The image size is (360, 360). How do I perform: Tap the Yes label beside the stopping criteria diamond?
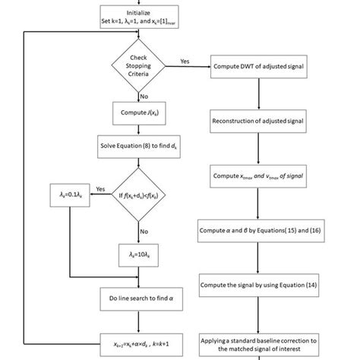click(x=185, y=60)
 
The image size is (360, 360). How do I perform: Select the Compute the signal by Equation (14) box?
click(x=261, y=286)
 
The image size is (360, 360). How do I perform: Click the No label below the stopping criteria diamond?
click(x=144, y=96)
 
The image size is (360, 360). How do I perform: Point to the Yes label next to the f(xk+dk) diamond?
click(x=99, y=189)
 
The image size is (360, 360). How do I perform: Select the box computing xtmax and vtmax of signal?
click(x=261, y=175)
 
